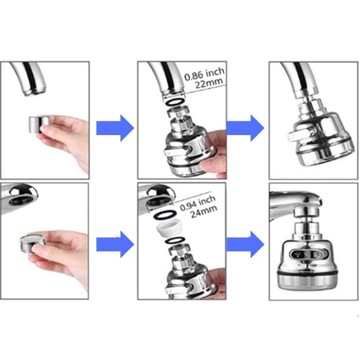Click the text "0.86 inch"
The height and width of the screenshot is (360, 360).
[204, 74]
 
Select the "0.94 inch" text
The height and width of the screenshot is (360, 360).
[198, 203]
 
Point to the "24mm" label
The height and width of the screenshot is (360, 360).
[204, 212]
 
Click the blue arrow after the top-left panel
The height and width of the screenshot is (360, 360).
[115, 128]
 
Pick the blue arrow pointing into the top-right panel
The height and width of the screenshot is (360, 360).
[245, 128]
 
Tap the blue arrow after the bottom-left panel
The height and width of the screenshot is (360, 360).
[115, 245]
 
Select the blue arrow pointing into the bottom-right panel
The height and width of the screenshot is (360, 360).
[245, 245]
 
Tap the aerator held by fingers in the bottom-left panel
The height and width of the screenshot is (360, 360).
[32, 243]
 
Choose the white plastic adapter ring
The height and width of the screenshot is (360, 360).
[169, 230]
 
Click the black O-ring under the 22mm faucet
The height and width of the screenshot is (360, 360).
[174, 101]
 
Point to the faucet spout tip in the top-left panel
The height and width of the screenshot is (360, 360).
[33, 91]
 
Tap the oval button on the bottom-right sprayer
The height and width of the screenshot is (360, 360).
[303, 256]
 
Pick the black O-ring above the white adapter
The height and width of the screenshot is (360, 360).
[165, 215]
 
